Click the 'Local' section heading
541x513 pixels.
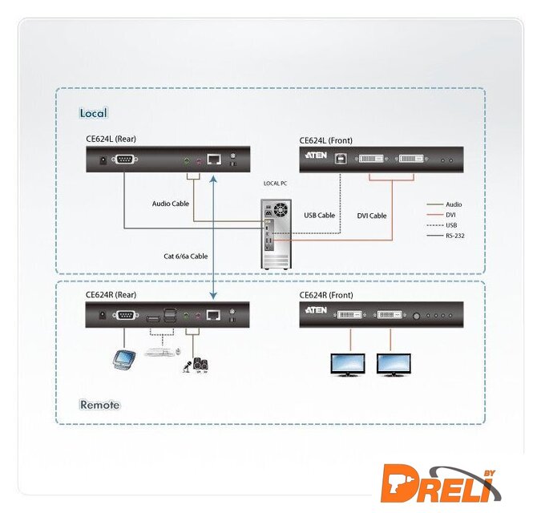[x=93, y=113]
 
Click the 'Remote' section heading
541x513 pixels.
[x=99, y=405]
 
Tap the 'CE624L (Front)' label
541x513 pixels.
[x=325, y=140]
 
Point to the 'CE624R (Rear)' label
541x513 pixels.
[x=111, y=294]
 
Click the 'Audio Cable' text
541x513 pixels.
[x=171, y=204]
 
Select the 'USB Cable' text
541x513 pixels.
[x=319, y=215]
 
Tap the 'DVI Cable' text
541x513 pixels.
[x=372, y=216]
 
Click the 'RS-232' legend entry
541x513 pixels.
[x=454, y=236]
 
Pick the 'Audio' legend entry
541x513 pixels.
[x=453, y=204]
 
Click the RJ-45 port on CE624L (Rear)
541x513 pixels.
[x=214, y=160]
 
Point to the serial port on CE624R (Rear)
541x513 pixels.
[x=124, y=316]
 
